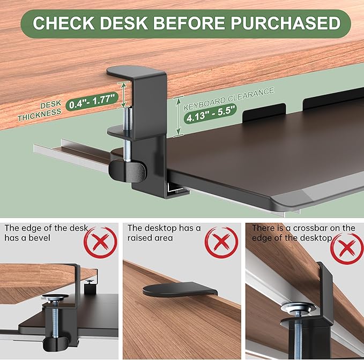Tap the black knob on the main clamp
point(127,170)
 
